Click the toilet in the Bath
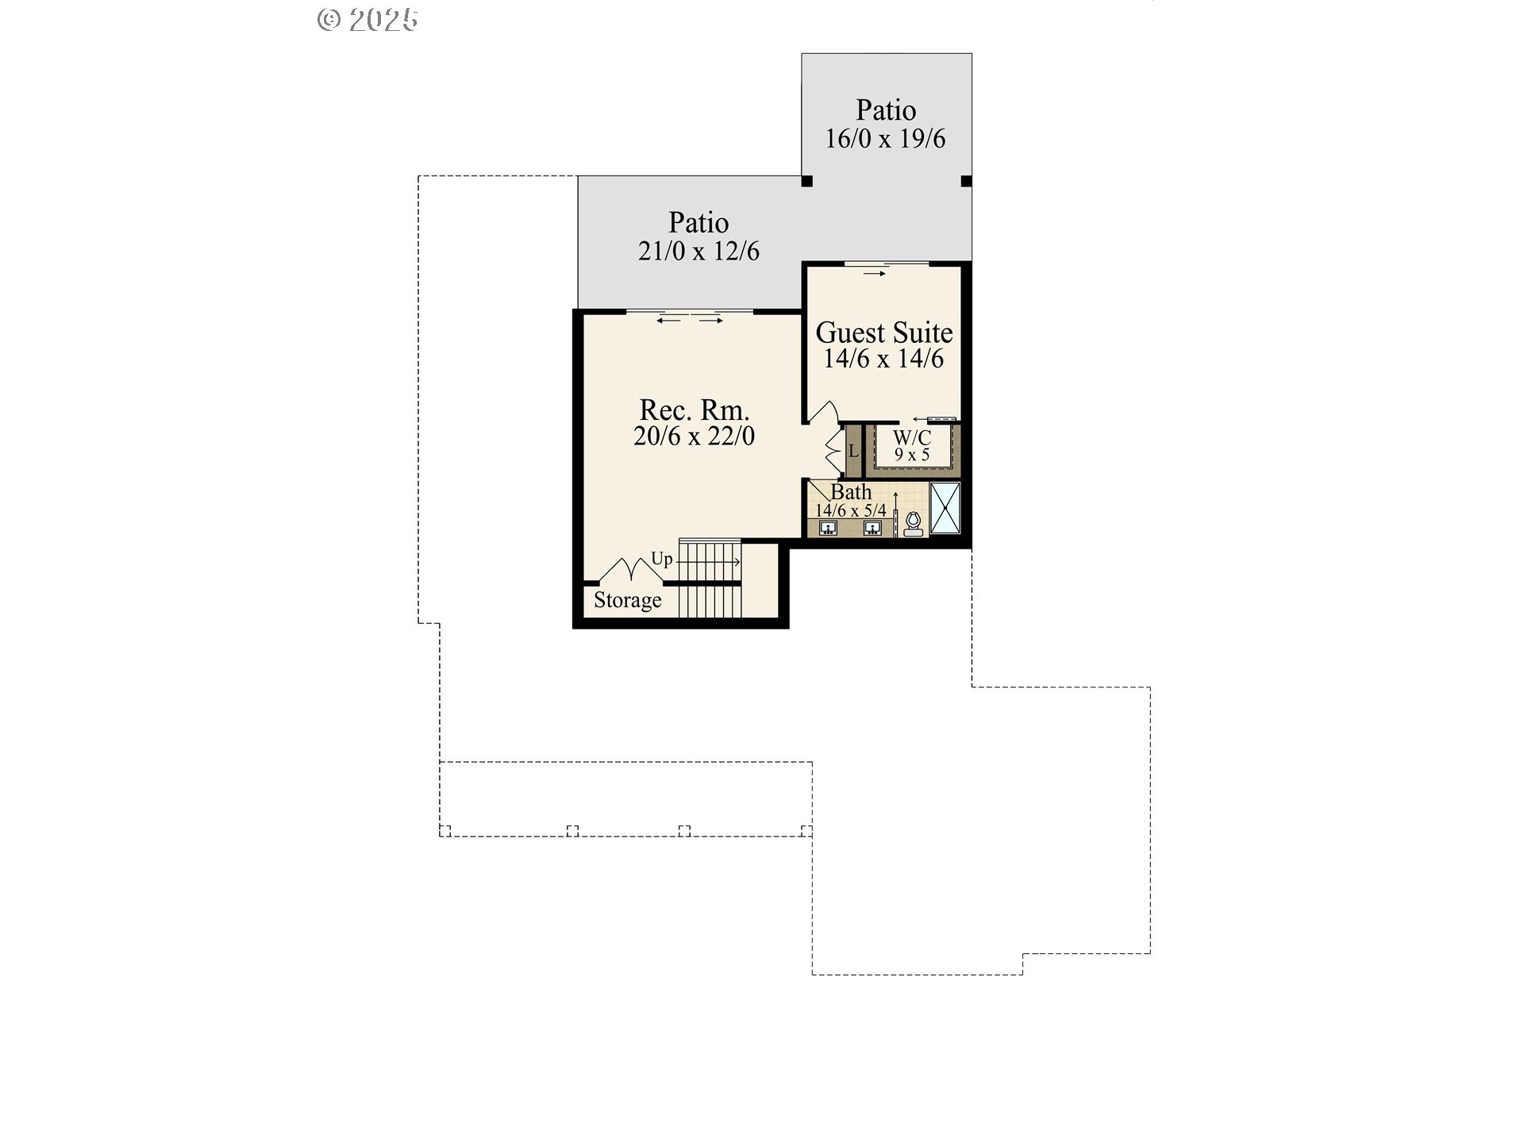click(914, 525)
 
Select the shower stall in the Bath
click(945, 508)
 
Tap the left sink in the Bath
click(828, 528)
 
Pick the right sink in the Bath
click(873, 528)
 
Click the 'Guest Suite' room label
click(884, 332)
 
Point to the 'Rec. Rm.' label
click(695, 410)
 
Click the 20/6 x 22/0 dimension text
click(695, 436)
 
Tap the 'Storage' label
click(627, 600)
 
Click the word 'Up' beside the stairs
click(662, 559)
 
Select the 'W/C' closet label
click(912, 437)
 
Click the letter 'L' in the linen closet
click(853, 452)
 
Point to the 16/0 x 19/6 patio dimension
click(885, 139)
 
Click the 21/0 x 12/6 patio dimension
click(698, 252)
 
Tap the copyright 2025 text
click(368, 19)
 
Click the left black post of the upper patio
click(807, 181)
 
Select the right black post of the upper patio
click(966, 181)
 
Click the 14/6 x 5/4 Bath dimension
click(851, 510)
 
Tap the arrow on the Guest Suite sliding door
click(875, 274)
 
